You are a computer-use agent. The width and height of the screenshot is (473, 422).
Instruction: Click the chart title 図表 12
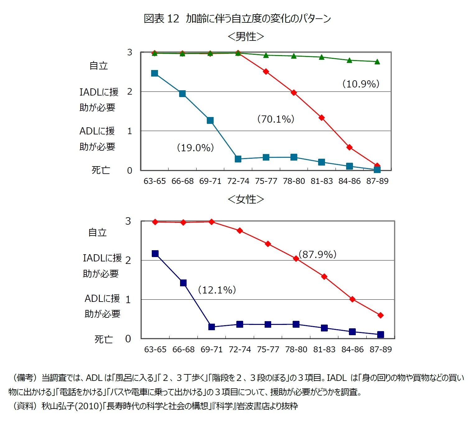161,19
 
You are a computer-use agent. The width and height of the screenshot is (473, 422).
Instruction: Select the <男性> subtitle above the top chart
246,36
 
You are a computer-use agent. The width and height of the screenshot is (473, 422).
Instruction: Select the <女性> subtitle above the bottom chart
246,199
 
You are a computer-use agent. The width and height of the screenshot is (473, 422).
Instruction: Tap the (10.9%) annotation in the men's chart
361,84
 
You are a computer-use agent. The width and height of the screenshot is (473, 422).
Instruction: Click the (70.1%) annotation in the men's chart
276,119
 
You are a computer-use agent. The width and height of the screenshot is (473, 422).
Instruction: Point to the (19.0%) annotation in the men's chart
195,148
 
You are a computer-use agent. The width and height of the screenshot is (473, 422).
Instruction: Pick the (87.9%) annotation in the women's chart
318,254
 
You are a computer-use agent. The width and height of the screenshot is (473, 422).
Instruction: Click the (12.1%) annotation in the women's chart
217,290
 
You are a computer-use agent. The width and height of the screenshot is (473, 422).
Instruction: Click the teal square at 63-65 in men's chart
155,73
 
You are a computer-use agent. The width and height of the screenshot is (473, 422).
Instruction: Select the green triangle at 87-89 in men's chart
377,62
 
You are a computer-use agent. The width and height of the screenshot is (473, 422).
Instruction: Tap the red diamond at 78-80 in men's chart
294,93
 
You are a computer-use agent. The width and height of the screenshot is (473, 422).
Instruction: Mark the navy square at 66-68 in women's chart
183,283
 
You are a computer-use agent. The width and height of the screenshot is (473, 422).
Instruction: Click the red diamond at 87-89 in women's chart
381,315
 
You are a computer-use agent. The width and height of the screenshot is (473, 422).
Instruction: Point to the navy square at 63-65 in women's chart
155,254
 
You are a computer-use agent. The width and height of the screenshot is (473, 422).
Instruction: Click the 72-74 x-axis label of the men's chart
238,181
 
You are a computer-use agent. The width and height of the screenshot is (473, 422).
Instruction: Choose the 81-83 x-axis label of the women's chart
324,349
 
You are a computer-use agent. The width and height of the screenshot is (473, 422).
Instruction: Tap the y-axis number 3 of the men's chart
130,52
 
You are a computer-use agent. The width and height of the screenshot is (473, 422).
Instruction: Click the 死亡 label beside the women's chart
104,339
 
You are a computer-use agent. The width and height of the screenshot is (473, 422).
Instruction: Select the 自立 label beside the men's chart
99,66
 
